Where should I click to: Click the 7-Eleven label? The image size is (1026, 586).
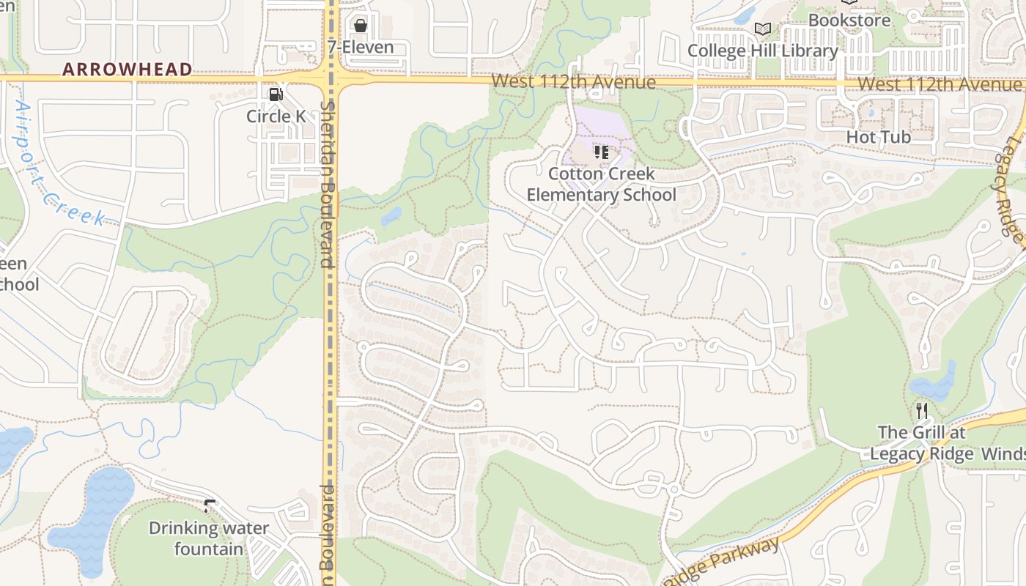coord(360,47)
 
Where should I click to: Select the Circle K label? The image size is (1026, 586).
coord(276,116)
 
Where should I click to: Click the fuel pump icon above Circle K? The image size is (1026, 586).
coord(276,94)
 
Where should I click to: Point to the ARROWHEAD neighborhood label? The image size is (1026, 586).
coord(127,70)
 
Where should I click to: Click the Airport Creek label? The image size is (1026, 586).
coord(59,165)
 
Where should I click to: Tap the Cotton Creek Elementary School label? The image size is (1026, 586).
coord(601,185)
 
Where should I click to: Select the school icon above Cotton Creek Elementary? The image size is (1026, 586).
coord(601,153)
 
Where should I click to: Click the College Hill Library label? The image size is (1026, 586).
coord(762,51)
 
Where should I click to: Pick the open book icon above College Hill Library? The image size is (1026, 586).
coord(762,29)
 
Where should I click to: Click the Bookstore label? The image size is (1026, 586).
coord(849,20)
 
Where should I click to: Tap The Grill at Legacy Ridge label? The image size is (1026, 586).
coord(921,442)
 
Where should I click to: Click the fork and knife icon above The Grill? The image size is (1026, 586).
coord(921,411)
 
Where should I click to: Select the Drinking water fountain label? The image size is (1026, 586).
coord(209,538)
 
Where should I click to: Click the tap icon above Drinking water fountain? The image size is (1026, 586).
coord(209,505)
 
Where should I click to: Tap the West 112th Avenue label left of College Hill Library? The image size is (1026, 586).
coord(573,81)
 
